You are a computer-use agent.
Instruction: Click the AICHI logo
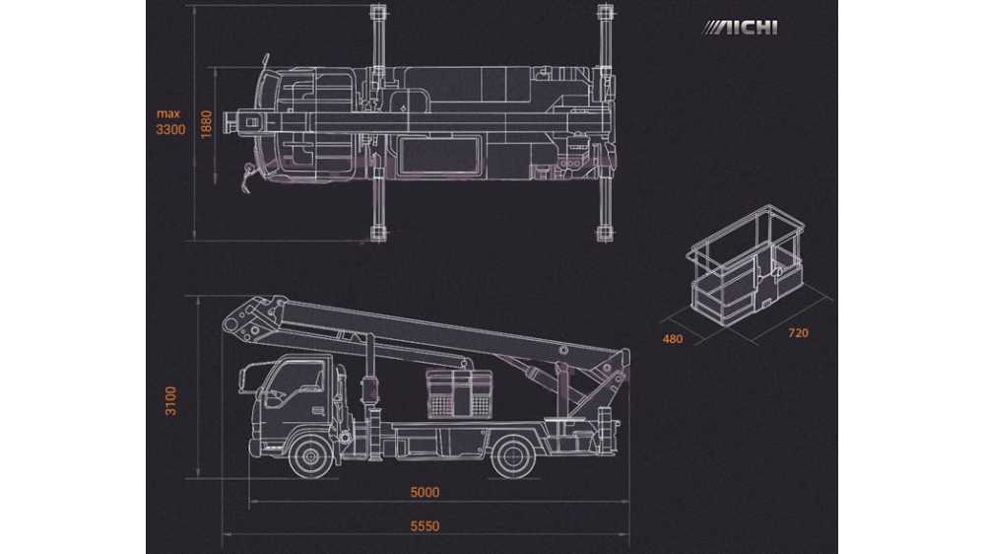[740, 28]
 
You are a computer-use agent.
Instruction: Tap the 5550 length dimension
[425, 526]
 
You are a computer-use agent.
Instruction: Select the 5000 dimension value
[425, 492]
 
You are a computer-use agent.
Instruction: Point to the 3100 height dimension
[170, 400]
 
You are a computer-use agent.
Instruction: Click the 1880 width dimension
[207, 124]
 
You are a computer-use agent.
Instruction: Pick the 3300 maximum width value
[170, 130]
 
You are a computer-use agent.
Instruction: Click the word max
[168, 113]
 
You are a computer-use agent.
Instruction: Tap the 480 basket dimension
[672, 339]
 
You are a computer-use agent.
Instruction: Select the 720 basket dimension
[798, 333]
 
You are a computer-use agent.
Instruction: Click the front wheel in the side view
[310, 456]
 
